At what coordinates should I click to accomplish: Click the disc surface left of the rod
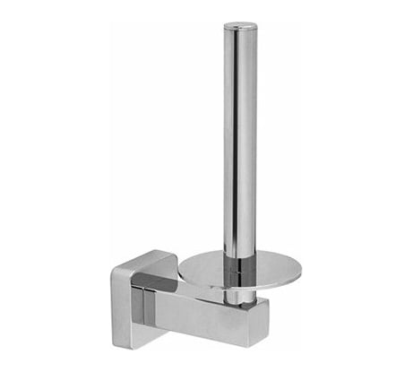[202, 268]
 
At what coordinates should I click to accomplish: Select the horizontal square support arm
[206, 309]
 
